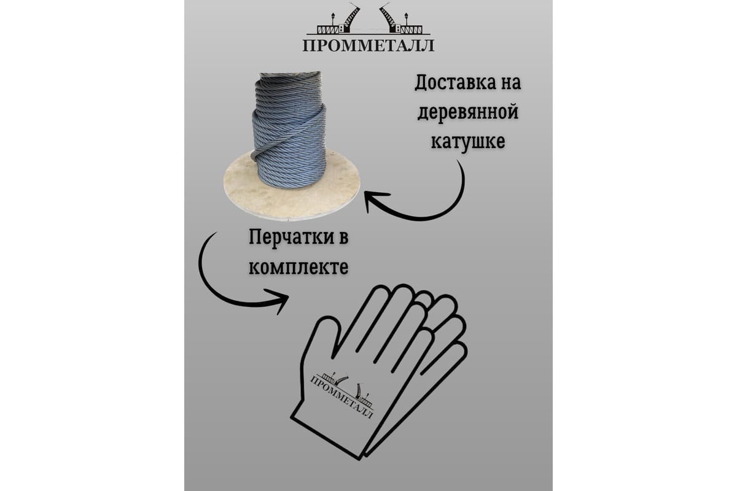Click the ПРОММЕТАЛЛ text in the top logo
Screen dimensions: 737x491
368,45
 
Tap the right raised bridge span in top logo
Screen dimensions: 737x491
389,17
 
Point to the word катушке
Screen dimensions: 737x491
468,142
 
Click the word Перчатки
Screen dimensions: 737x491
288,238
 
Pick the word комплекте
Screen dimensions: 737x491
298,267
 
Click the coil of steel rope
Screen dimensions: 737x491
289,130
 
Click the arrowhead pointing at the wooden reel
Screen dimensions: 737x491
375,201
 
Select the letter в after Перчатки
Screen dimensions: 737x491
343,238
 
